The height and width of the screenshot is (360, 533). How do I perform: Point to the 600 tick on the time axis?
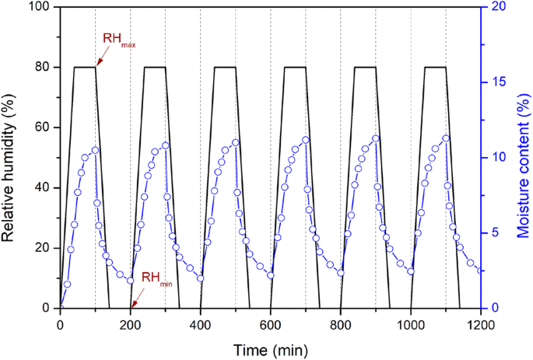(x=271, y=323)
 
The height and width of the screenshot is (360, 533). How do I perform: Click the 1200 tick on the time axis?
(x=481, y=323)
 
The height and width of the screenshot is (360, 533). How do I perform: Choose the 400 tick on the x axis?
(x=201, y=323)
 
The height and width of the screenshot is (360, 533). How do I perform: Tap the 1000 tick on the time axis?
(x=411, y=323)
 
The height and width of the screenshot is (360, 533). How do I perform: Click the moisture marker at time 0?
(x=61, y=308)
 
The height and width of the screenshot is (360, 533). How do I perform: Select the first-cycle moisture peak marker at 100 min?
(x=96, y=150)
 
